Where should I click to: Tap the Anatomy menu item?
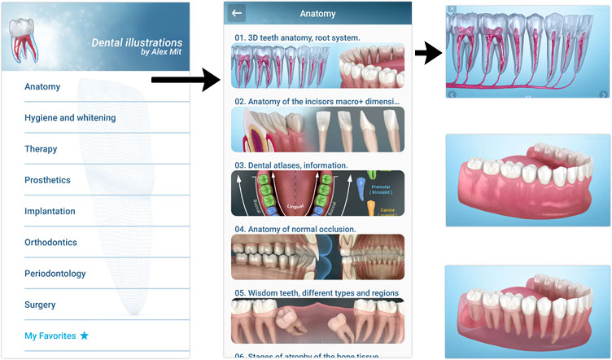point(42,86)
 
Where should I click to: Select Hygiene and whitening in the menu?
point(70,117)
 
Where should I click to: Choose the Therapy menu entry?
point(41,149)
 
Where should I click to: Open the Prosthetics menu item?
point(47,180)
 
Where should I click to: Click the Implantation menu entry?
point(51,211)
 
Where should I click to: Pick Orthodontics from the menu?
point(50,242)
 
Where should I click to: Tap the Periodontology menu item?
point(55,274)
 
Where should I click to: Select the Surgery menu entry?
point(40,305)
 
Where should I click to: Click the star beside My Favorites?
point(85,336)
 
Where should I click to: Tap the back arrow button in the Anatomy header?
point(238,13)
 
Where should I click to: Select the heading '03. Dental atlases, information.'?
point(291,165)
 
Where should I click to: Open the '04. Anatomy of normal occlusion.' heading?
point(295,229)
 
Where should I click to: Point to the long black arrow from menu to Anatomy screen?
point(186,80)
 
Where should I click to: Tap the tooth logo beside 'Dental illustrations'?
point(25,38)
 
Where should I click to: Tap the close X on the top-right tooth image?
point(452,9)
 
